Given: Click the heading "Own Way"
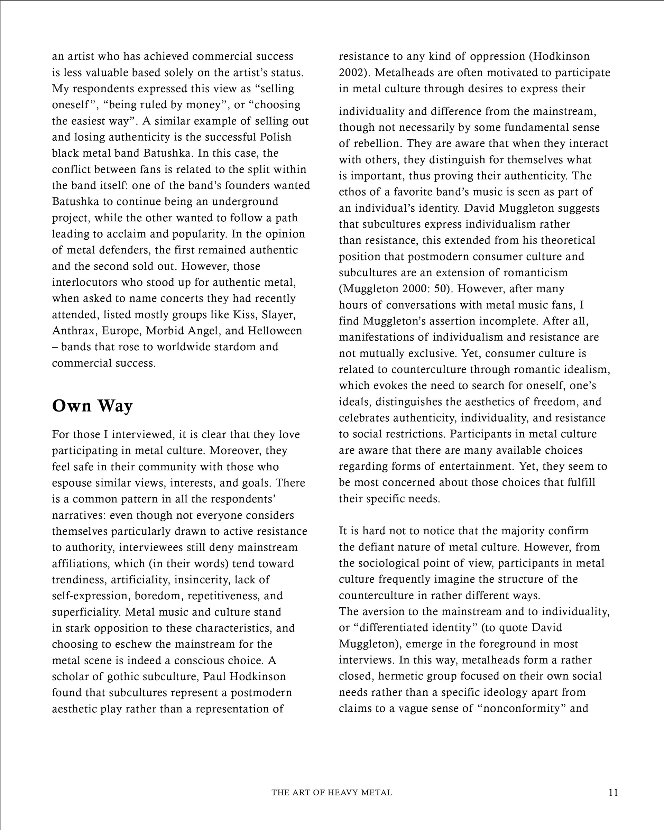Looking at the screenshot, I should pos(92,406).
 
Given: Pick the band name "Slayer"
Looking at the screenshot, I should pos(278,315).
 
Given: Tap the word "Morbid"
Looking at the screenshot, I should pos(163,331).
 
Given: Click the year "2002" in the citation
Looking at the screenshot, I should pos(350,73).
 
